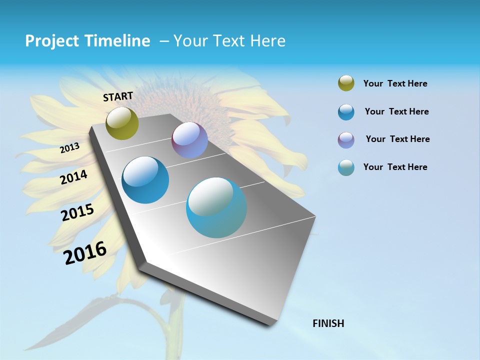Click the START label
pyautogui.click(x=118, y=96)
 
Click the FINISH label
pyautogui.click(x=328, y=323)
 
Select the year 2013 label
pyautogui.click(x=70, y=148)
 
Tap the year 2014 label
pyautogui.click(x=73, y=177)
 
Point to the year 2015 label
pyautogui.click(x=77, y=212)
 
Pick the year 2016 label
pyautogui.click(x=85, y=253)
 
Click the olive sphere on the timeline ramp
pyautogui.click(x=122, y=123)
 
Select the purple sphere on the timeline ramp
pyautogui.click(x=189, y=140)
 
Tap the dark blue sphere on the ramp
pyautogui.click(x=145, y=180)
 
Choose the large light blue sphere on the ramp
pyautogui.click(x=216, y=207)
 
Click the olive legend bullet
pyautogui.click(x=346, y=83)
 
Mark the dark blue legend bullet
pyautogui.click(x=346, y=112)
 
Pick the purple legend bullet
pyautogui.click(x=346, y=140)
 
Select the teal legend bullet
pyautogui.click(x=346, y=167)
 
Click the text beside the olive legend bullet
pyautogui.click(x=395, y=83)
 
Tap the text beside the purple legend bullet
pyautogui.click(x=397, y=139)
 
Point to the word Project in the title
pyautogui.click(x=50, y=41)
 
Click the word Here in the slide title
pyautogui.click(x=268, y=41)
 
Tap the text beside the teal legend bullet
pyautogui.click(x=395, y=167)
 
